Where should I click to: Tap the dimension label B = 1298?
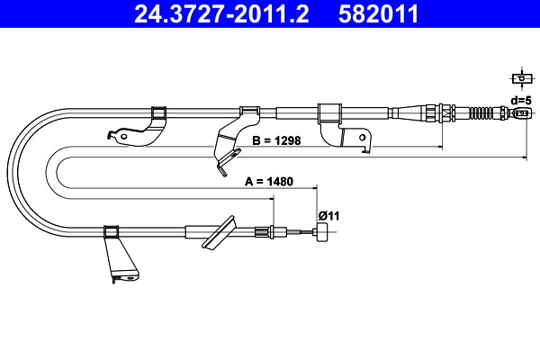click(x=275, y=140)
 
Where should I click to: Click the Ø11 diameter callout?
click(x=328, y=214)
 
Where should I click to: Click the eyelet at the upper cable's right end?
click(x=519, y=113)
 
